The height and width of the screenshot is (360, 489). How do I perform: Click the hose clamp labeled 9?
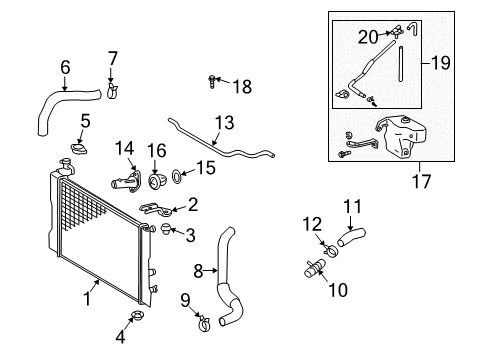202,321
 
